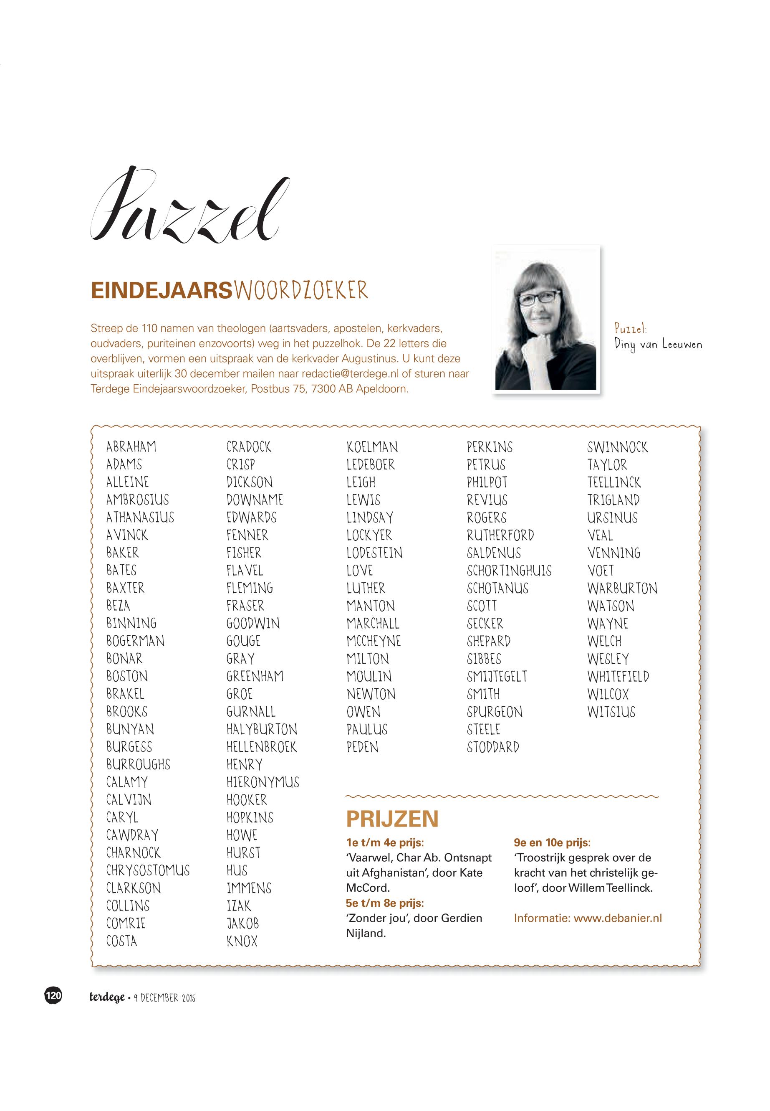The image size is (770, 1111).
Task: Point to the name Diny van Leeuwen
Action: tap(658, 345)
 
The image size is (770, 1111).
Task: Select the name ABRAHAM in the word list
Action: tap(131, 446)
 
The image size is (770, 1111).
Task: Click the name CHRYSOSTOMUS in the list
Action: tap(148, 870)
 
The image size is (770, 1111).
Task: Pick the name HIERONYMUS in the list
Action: tap(263, 782)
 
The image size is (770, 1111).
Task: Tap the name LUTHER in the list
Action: tap(366, 588)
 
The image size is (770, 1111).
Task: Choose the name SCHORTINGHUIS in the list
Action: tap(509, 571)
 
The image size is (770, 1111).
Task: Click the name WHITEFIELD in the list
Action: tap(618, 677)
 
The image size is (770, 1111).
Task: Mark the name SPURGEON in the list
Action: tap(495, 712)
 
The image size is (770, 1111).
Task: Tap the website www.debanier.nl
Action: tap(618, 918)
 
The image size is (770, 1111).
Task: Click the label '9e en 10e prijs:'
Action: tap(552, 842)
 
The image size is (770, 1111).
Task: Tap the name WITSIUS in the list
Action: tap(611, 712)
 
